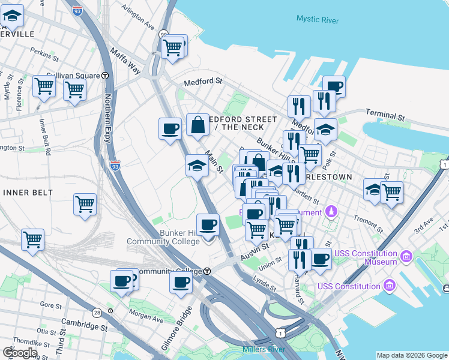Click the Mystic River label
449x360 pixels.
pos(317,19)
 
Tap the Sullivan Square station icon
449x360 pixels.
pos(105,76)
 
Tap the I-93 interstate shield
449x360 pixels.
pos(115,163)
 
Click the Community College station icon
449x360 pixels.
pos(206,271)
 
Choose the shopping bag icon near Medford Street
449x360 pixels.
pos(197,125)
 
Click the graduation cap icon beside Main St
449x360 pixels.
pos(197,165)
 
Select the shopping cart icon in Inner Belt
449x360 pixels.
pos(85,204)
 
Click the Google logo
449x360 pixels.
pos(20,353)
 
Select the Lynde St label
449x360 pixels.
pos(264,282)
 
